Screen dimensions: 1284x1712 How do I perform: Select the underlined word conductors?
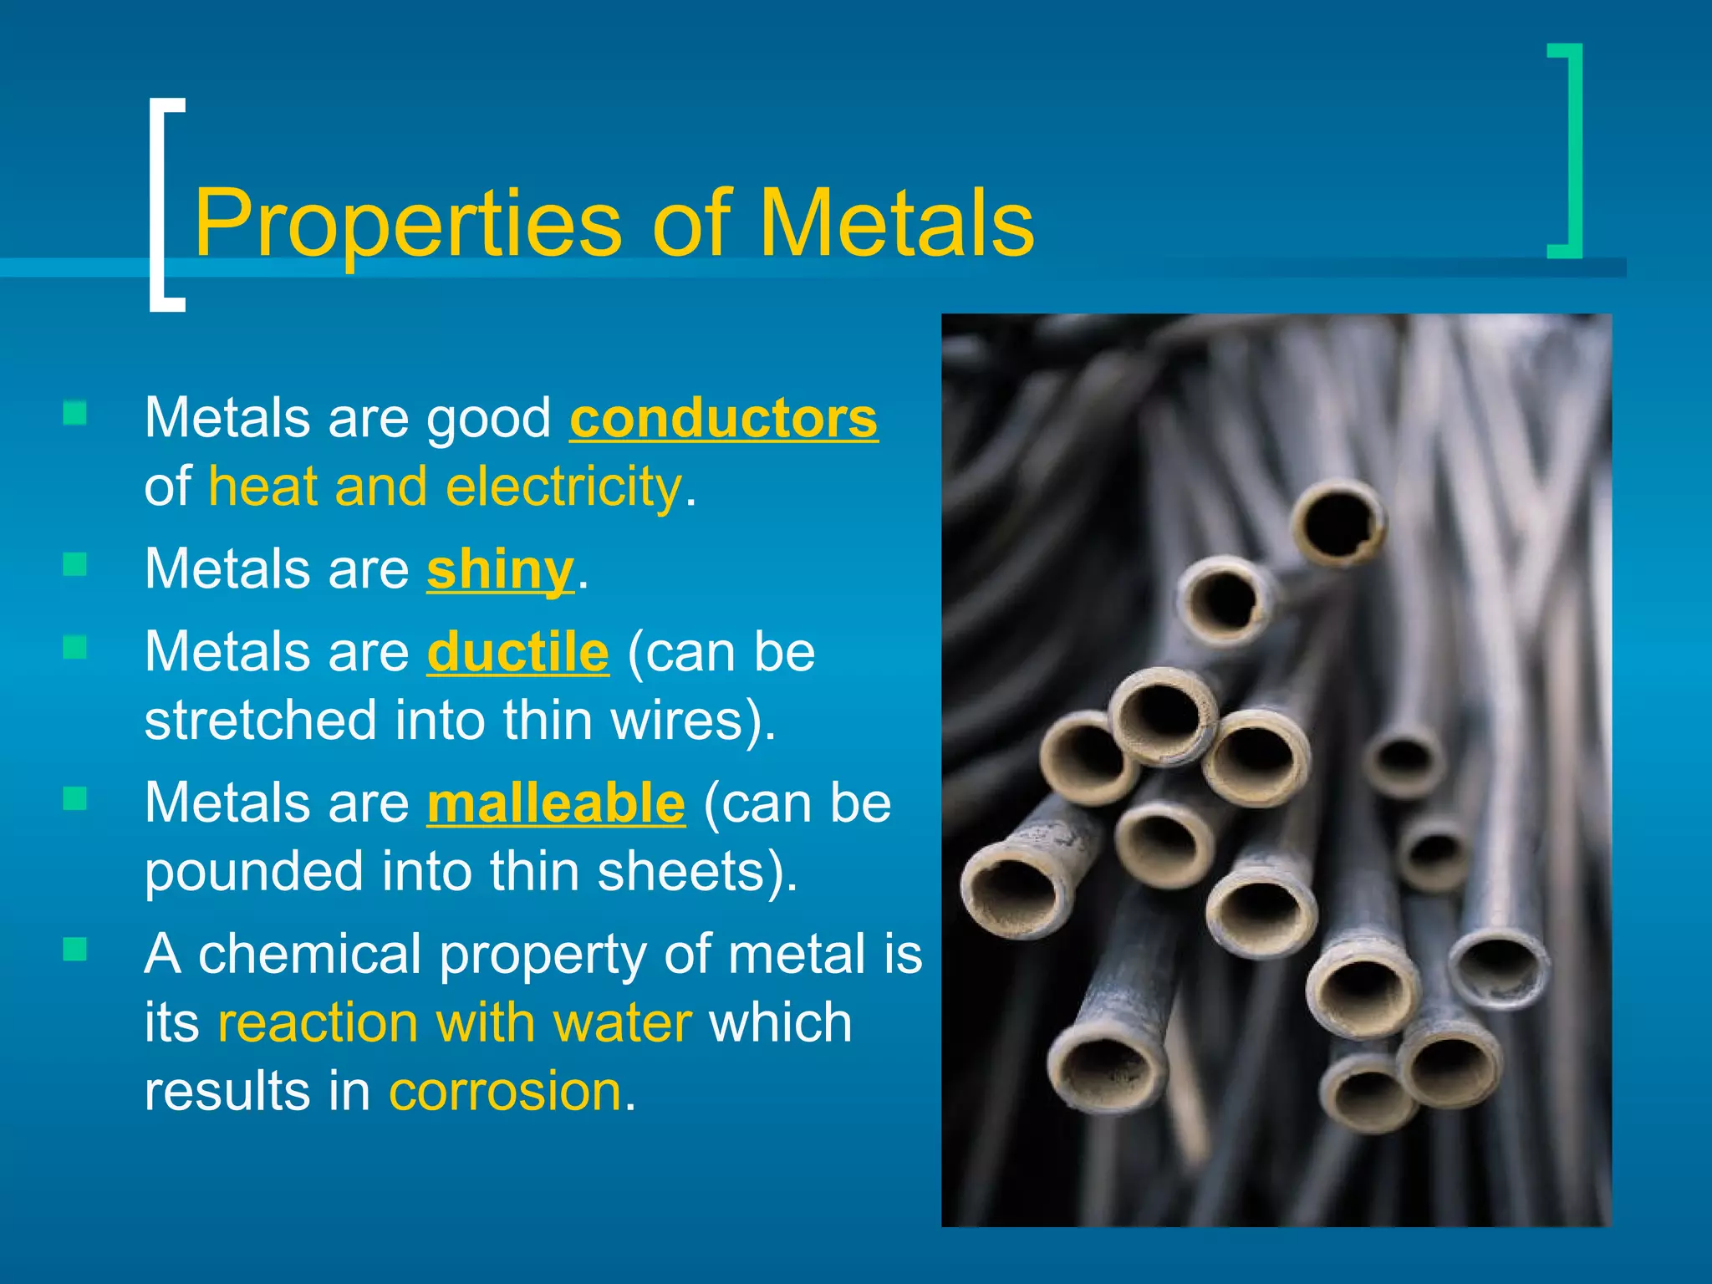[723, 418]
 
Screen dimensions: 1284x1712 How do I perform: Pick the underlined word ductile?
[517, 652]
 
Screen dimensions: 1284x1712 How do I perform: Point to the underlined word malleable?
[556, 802]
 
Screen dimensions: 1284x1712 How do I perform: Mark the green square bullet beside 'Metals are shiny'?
[75, 565]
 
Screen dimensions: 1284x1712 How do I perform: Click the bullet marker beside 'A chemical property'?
[75, 949]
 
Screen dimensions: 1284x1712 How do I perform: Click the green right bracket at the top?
[1567, 150]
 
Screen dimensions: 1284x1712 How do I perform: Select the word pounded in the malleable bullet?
[254, 871]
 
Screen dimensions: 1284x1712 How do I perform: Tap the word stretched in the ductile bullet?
[260, 721]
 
